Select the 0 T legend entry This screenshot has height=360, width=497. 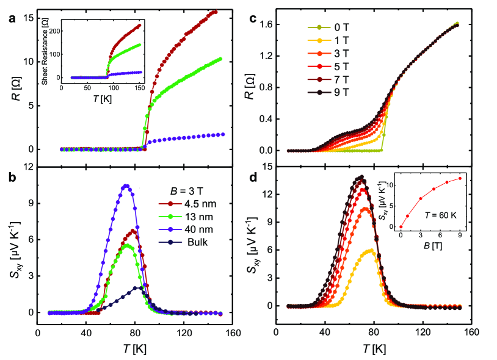click(x=333, y=27)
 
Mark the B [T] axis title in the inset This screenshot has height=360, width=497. click(x=424, y=244)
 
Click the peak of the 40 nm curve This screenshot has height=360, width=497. click(x=126, y=185)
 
